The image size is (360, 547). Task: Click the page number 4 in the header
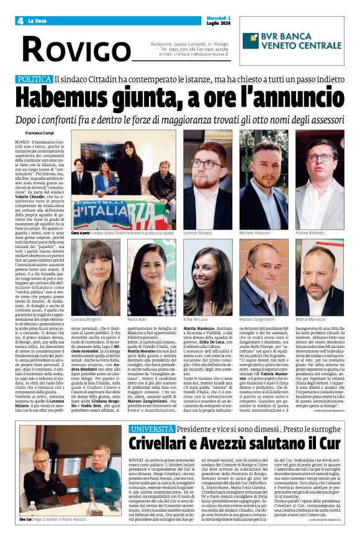pos(20,20)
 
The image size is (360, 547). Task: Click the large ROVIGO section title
pos(72,48)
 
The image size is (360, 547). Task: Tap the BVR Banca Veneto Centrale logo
pos(292,41)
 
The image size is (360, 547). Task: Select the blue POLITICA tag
pos(35,79)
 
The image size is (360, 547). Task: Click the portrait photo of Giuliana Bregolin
pos(96,278)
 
